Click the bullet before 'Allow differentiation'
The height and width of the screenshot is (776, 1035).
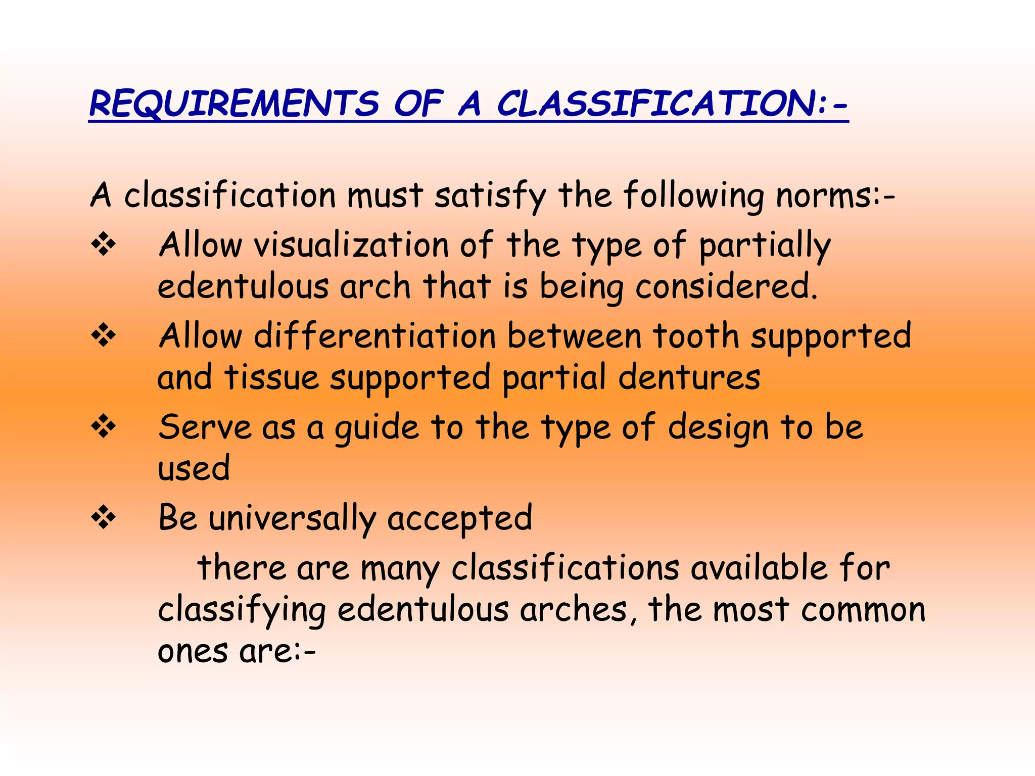[104, 336]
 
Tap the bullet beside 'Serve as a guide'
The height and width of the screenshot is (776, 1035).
[104, 427]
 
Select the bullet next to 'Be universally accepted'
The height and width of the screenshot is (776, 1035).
[104, 518]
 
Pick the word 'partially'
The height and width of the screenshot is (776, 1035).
[764, 247]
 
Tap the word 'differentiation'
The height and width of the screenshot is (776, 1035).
[375, 336]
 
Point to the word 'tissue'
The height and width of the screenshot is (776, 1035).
[271, 377]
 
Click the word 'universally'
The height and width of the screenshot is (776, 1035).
[292, 519]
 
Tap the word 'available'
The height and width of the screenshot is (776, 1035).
[759, 568]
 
